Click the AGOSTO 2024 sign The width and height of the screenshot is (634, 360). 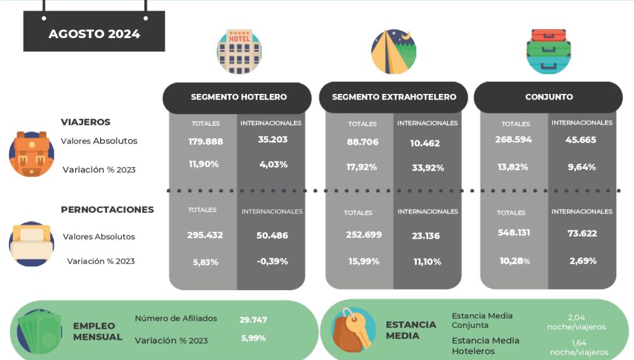[x=94, y=33]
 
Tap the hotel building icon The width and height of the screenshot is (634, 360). [x=239, y=50]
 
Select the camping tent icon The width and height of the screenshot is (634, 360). [x=393, y=51]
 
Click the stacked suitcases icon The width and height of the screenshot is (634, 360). [x=549, y=51]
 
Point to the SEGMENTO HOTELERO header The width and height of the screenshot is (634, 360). [x=239, y=97]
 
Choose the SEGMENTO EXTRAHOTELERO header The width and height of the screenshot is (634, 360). [x=394, y=97]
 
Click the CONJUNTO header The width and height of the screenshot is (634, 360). [x=549, y=97]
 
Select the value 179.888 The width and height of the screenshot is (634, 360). [x=205, y=141]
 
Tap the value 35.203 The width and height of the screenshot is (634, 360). [x=273, y=139]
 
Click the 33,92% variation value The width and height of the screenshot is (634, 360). [x=427, y=168]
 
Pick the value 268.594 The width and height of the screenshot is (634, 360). [x=513, y=140]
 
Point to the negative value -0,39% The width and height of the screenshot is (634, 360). [x=272, y=261]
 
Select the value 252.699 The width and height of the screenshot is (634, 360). [x=364, y=235]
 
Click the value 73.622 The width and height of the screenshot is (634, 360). [x=582, y=234]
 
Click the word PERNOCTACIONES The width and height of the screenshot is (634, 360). [x=107, y=210]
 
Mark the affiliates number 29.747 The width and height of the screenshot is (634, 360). [x=253, y=319]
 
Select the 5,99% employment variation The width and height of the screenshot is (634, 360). [x=253, y=338]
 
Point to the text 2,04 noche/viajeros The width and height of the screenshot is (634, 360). [x=576, y=322]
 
